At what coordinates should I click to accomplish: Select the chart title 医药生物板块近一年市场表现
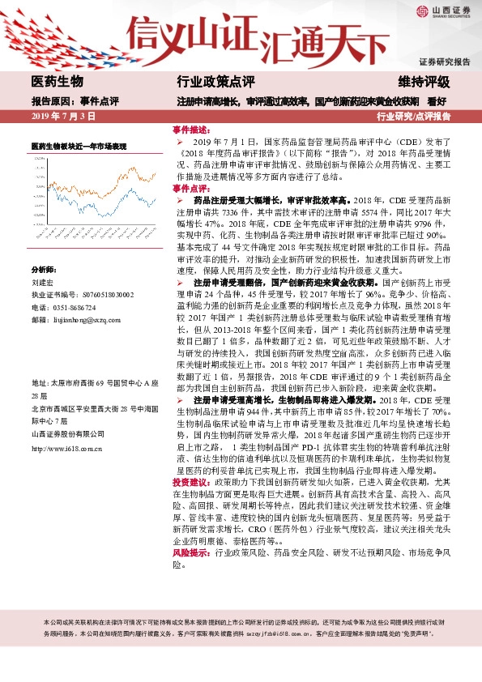pos(79,146)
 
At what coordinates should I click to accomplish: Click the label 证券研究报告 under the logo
pos(445,62)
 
